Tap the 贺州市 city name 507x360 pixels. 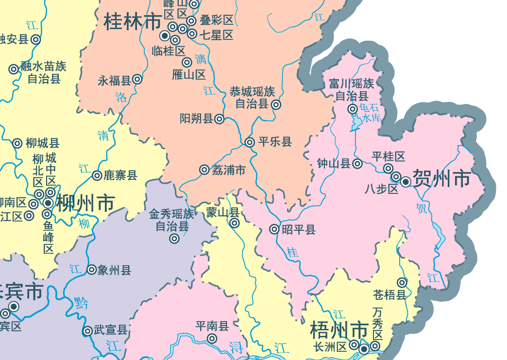click(441, 179)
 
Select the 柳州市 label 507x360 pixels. click(85, 203)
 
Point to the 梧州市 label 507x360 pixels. click(339, 331)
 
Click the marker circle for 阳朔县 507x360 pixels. click(220, 119)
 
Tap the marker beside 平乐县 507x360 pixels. click(250, 142)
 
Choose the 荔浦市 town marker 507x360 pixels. click(204, 170)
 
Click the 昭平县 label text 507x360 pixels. click(299, 229)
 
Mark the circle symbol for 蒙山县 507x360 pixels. click(235, 223)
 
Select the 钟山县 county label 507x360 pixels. click(334, 164)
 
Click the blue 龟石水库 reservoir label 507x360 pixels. click(370, 113)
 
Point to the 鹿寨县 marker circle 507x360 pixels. click(97, 175)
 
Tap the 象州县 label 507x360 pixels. click(115, 270)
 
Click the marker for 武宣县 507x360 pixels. click(87, 331)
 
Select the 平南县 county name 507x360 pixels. click(212, 326)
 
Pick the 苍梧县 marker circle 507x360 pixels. click(402, 282)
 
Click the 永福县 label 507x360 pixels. click(114, 81)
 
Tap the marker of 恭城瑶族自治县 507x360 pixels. click(276, 104)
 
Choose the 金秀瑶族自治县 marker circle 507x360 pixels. click(174, 239)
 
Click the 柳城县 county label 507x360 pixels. click(43, 143)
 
